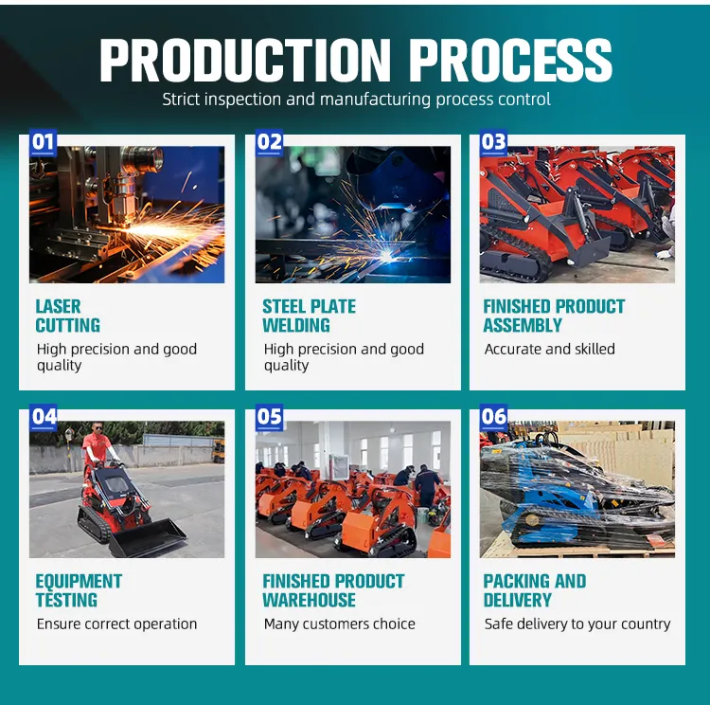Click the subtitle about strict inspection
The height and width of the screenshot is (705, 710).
355,99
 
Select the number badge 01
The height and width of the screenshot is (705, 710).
44,143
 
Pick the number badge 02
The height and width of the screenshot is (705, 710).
270,143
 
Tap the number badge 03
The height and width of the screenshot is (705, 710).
494,143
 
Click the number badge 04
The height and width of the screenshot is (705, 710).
44,416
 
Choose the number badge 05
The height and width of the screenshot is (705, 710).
270,416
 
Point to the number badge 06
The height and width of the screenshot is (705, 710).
494,416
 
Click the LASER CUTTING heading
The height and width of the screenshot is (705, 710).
67,316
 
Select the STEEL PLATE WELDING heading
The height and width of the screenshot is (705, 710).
309,316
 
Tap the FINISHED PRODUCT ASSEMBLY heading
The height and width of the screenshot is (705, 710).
554,316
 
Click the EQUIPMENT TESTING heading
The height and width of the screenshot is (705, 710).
79,590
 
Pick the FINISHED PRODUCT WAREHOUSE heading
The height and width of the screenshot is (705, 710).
332,590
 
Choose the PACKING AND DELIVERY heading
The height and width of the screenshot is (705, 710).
534,590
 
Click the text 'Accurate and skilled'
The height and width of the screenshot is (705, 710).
549,349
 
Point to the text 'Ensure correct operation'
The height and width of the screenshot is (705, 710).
116,624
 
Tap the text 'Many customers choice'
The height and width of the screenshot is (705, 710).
339,624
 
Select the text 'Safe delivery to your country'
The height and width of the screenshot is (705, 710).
577,624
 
